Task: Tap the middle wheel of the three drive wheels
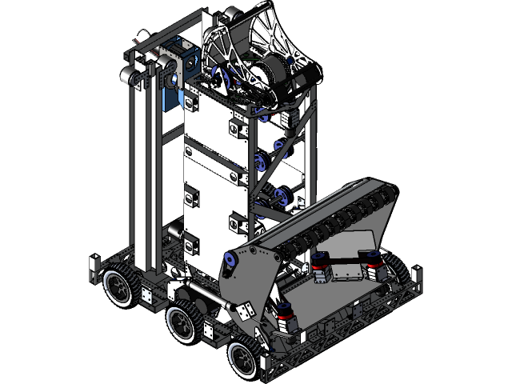pos(182,324)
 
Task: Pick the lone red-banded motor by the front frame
pos(287,318)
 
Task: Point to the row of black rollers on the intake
pos(336,216)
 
